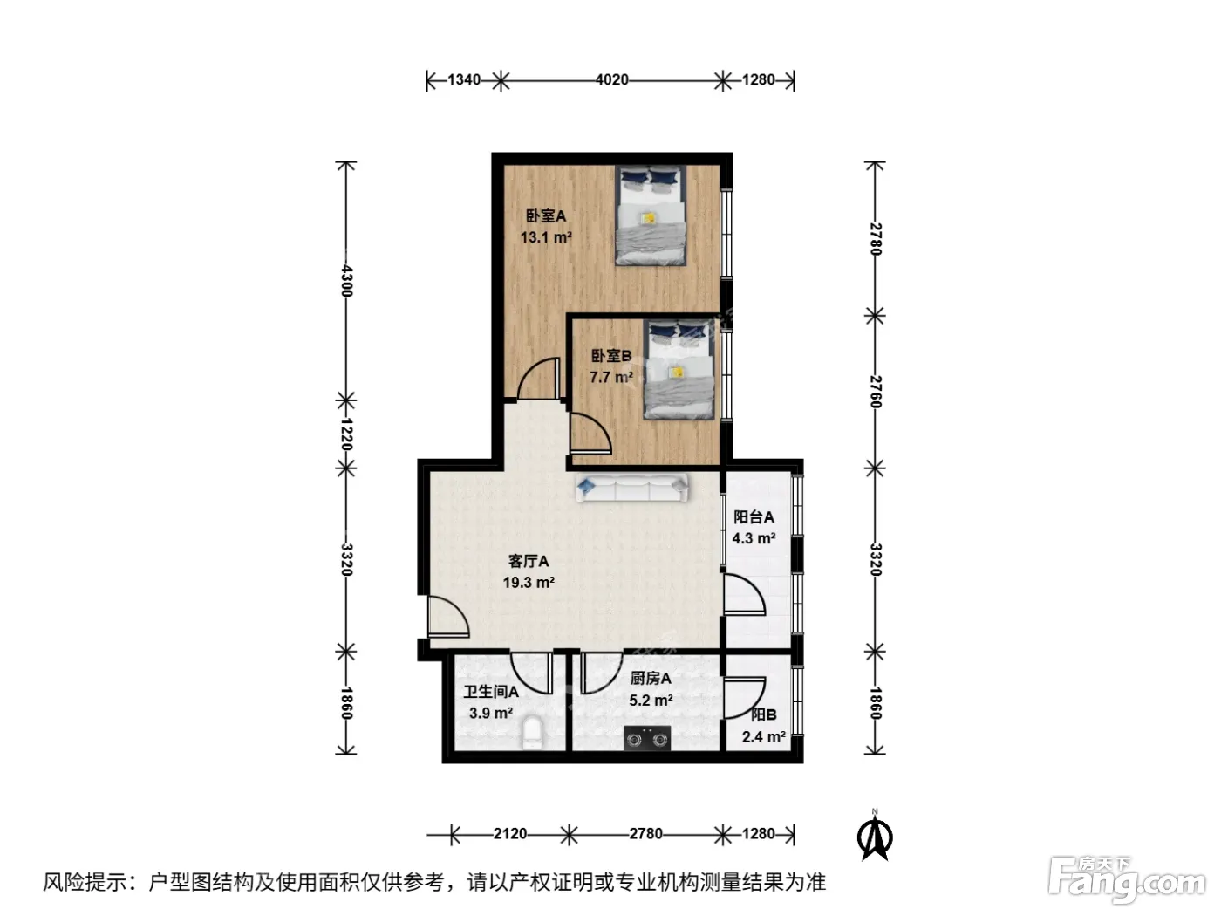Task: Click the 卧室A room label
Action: tap(545, 215)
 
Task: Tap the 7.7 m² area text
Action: tap(610, 377)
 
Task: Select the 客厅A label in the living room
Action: tap(528, 561)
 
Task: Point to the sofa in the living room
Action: tap(631, 488)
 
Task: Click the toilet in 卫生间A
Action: tap(532, 733)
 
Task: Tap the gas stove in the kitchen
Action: tap(646, 738)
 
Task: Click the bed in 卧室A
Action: tap(650, 215)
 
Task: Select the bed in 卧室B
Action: tap(678, 369)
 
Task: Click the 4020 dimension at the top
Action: tap(612, 80)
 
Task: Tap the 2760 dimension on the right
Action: tap(875, 392)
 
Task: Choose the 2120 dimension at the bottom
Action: tap(510, 834)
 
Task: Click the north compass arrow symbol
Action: tap(875, 837)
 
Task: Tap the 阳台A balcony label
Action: tap(754, 517)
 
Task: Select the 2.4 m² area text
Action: tap(763, 737)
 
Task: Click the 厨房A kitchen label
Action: tap(651, 679)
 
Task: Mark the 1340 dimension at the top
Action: tap(463, 80)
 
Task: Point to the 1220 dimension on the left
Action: tap(346, 434)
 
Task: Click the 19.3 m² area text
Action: tap(529, 582)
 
